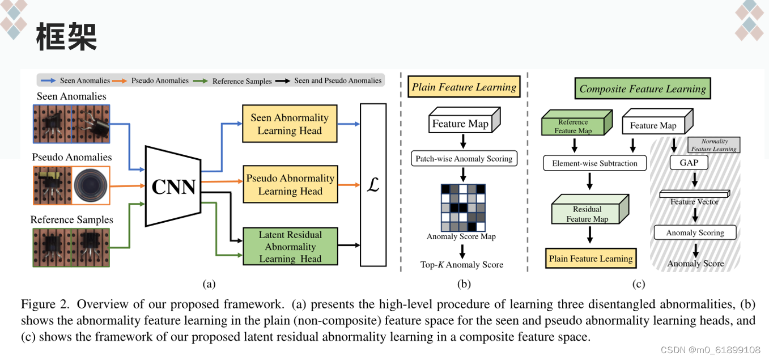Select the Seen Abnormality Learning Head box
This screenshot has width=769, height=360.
tap(290, 124)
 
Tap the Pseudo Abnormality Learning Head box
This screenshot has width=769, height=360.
tap(290, 185)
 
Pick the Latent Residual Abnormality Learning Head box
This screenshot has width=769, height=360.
tap(290, 247)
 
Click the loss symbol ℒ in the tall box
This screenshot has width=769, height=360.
tap(372, 185)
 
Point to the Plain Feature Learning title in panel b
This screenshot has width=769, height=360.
tap(464, 87)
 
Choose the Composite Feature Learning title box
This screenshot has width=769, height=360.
tap(643, 89)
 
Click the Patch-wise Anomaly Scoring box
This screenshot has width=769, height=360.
tap(464, 159)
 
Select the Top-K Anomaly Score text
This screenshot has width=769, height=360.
tap(461, 264)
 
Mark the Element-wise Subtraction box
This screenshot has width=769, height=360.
tap(594, 163)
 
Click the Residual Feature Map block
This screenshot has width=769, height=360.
tap(587, 214)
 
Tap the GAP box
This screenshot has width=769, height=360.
tap(689, 163)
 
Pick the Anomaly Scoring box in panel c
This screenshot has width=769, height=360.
tap(695, 232)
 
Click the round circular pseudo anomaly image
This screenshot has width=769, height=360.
tap(91, 185)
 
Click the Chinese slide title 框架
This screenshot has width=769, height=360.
tap(66, 37)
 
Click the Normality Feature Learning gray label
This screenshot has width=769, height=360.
tap(713, 145)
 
